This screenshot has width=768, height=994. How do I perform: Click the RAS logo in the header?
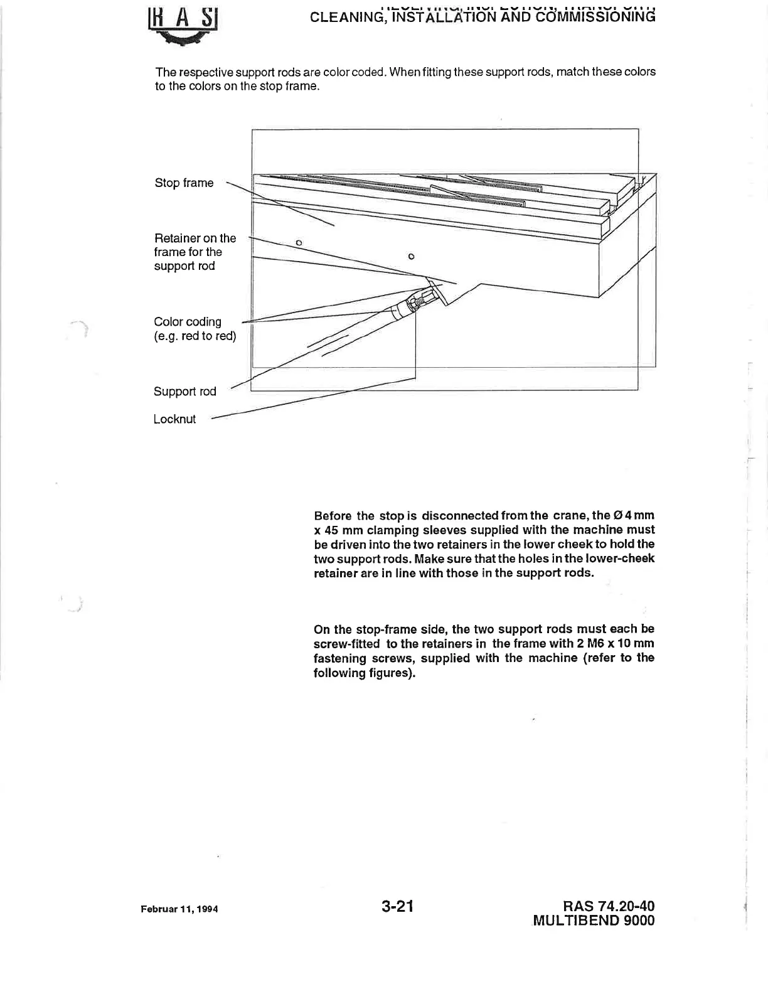(182, 29)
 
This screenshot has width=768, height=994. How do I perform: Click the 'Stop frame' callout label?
(184, 183)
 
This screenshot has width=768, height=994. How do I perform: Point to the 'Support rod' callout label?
(184, 392)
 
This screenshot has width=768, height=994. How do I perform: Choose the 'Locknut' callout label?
(174, 419)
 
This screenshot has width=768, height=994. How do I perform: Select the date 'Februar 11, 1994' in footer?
(179, 909)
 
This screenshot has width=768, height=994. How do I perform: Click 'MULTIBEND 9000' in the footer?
(594, 921)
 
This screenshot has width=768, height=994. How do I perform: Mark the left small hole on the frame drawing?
(299, 242)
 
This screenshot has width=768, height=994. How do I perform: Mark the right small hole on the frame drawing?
(411, 256)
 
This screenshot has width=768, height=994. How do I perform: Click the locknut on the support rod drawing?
(415, 304)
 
